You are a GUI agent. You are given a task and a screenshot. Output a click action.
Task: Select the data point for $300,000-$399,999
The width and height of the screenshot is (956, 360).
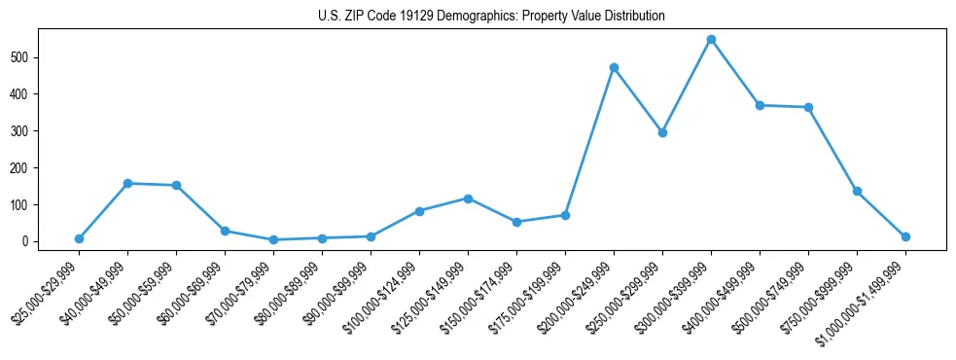[711, 40]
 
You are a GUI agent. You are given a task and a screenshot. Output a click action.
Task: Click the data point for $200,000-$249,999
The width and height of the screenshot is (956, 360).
[614, 68]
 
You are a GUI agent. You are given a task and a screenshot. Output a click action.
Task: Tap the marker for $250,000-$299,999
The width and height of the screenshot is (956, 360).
[662, 132]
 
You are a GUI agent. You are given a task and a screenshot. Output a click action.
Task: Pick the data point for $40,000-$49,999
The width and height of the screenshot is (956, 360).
[127, 183]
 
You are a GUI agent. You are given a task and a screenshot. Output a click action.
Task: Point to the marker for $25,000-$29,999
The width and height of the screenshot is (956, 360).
[79, 238]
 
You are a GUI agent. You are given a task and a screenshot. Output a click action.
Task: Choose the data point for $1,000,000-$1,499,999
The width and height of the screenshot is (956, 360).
[905, 236]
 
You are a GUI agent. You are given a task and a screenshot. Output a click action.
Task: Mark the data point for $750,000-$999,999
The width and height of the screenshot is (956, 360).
[857, 191]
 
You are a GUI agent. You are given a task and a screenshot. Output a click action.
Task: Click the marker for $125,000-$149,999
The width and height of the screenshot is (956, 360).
[468, 198]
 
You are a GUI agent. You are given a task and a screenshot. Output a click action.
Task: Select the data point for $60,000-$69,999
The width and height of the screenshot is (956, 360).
[225, 231]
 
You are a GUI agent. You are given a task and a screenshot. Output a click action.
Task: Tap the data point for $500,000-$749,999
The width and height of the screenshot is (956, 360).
[808, 107]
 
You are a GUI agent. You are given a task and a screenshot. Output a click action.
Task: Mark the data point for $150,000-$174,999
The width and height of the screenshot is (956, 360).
[516, 222]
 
